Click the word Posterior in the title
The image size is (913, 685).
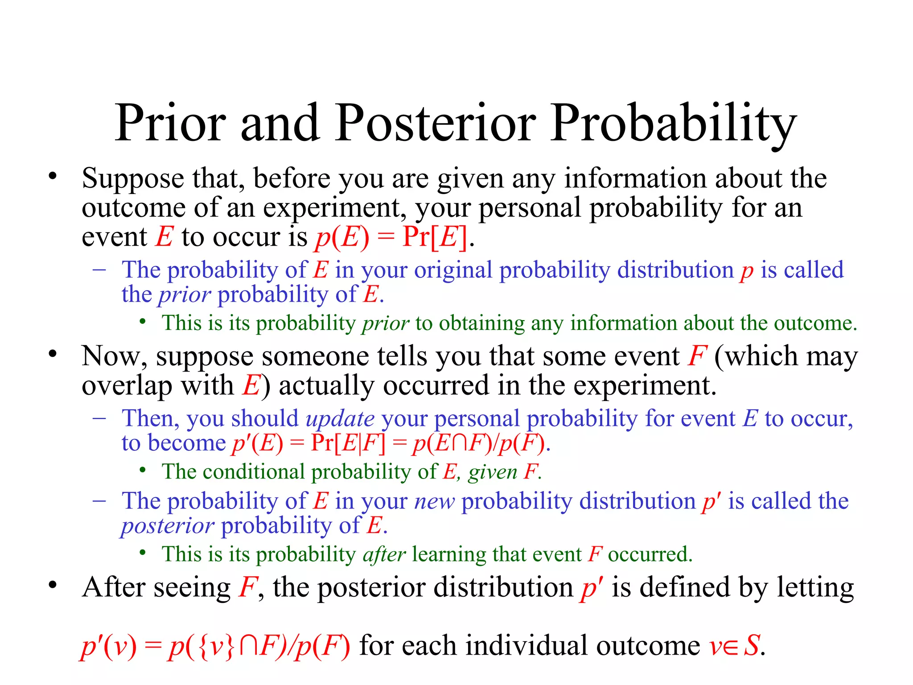click(x=436, y=123)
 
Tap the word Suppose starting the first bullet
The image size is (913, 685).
click(x=132, y=178)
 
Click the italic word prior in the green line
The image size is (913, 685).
click(x=386, y=323)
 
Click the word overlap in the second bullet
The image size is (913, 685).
click(x=127, y=385)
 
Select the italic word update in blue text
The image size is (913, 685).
click(x=340, y=418)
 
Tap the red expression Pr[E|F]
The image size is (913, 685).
click(x=348, y=443)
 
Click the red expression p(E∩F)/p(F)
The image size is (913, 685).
click(x=479, y=444)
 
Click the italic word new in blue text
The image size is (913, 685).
click(x=434, y=501)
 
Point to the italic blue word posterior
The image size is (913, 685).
click(x=168, y=526)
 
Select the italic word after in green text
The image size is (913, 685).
click(x=384, y=554)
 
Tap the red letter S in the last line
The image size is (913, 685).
click(x=752, y=645)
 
